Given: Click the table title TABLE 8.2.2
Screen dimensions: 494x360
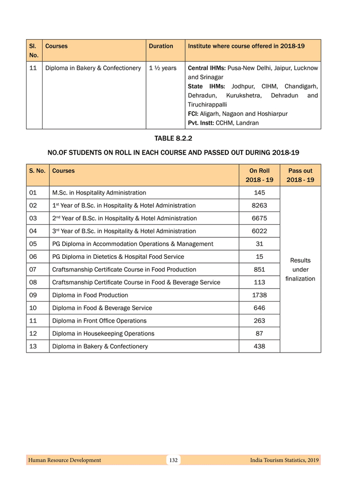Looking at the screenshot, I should click(x=173, y=138).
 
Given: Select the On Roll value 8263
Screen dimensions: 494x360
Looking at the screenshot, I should click(x=259, y=205).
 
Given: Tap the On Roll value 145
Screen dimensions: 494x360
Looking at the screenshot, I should click(x=259, y=193).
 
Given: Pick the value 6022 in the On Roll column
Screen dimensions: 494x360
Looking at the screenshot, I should click(x=259, y=231).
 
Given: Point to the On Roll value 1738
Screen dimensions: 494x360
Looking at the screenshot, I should click(x=259, y=295).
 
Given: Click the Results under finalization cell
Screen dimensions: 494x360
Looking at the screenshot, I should click(x=300, y=270).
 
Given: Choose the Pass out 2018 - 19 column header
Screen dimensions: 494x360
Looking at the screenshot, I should click(x=300, y=175).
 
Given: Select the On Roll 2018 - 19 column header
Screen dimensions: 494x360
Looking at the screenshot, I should click(x=259, y=175).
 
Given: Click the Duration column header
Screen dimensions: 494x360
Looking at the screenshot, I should click(x=161, y=46).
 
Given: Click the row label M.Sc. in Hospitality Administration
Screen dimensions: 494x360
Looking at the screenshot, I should click(x=99, y=193).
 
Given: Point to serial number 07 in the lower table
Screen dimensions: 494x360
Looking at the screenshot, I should click(x=33, y=270).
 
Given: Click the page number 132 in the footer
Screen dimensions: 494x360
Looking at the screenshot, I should click(x=173, y=460).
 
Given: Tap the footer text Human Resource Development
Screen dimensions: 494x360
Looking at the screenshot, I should click(x=65, y=460).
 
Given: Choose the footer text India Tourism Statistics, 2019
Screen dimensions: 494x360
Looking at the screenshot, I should click(x=284, y=460).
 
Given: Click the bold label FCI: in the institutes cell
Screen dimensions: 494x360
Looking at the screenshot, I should click(x=194, y=114).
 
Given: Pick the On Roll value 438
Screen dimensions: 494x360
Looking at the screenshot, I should click(x=259, y=346).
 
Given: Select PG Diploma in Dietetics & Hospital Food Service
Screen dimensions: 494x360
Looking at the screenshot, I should click(x=118, y=257).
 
